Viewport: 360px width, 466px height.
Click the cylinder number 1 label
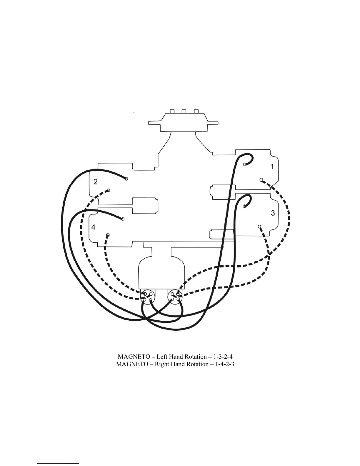click(x=272, y=167)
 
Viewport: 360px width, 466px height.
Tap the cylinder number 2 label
click(x=95, y=182)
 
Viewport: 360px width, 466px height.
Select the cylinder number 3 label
click(x=273, y=213)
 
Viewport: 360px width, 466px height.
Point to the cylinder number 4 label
click(x=93, y=227)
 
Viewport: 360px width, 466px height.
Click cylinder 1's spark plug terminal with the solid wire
click(x=245, y=164)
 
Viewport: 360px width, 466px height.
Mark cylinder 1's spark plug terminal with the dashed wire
click(x=261, y=179)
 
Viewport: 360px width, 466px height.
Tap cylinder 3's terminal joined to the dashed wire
click(x=259, y=227)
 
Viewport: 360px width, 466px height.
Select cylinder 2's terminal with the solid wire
click(x=126, y=179)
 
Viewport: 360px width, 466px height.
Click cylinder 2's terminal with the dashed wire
click(x=108, y=190)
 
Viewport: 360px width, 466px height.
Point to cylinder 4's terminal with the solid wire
click(x=123, y=219)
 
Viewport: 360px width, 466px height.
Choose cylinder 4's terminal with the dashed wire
click(x=108, y=235)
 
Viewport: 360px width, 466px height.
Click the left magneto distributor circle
click(x=147, y=296)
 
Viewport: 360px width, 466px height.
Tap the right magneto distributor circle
click(x=175, y=296)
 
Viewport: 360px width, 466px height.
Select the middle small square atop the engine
click(x=184, y=111)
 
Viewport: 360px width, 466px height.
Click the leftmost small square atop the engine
click(x=172, y=111)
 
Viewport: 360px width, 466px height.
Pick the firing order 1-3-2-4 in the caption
click(x=224, y=357)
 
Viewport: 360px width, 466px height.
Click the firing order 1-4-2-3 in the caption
click(x=224, y=364)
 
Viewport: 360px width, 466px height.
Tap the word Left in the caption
click(x=161, y=357)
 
